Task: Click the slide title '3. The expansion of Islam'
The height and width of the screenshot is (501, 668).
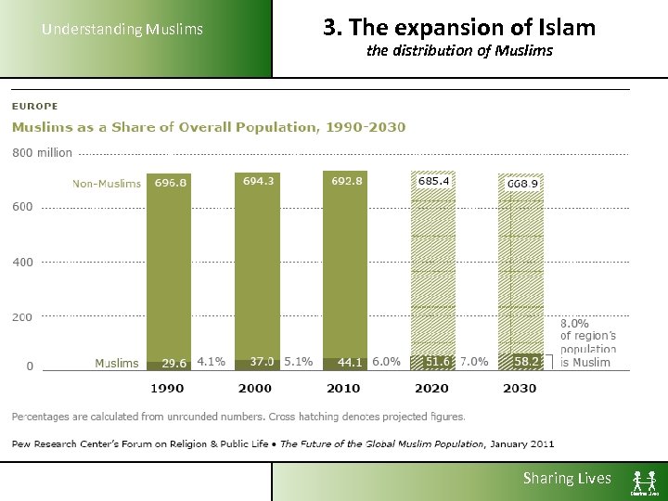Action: point(459,28)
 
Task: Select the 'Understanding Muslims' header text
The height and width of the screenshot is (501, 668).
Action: point(122,30)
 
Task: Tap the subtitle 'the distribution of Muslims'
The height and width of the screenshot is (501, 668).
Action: point(459,51)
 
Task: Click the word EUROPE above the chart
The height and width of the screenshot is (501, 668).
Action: point(34,107)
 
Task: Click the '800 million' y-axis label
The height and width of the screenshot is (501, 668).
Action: point(42,153)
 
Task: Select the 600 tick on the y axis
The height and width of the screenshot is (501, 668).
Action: point(22,207)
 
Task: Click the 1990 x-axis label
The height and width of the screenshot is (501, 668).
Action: point(167,388)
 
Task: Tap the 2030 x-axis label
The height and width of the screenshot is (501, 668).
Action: point(520,388)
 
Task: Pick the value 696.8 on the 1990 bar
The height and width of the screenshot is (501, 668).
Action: point(171,183)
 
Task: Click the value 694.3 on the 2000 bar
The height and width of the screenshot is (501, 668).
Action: point(258,182)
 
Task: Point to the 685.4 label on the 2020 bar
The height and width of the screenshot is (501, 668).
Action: point(433,182)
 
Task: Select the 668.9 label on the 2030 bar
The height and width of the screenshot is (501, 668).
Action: point(522,184)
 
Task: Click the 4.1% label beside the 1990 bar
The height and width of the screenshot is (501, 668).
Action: point(211,362)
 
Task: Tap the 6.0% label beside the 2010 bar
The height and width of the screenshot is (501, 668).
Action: point(386,362)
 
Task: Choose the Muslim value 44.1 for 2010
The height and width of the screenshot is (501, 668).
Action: point(349,362)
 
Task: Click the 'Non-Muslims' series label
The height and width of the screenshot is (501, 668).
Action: point(107,184)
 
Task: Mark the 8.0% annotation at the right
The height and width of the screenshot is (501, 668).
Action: point(574,322)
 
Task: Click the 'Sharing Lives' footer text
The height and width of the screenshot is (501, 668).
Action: point(567,479)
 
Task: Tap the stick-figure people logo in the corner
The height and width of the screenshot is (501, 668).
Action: point(645,482)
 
